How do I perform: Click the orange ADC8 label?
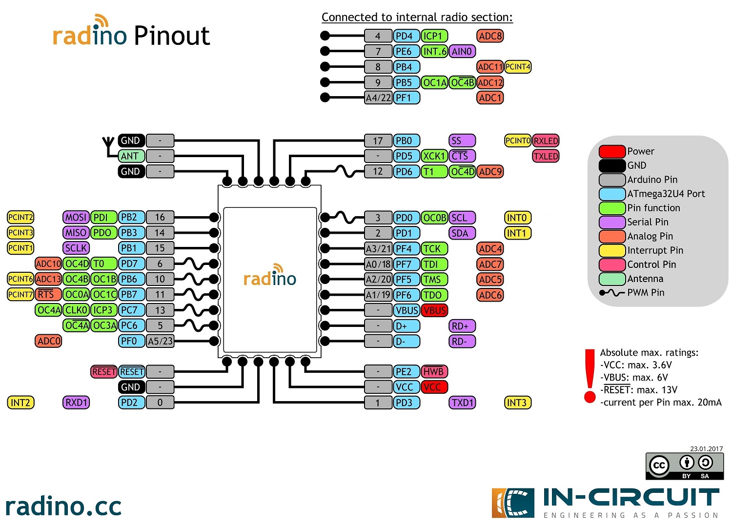[x=490, y=36]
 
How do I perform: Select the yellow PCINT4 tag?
[x=517, y=67]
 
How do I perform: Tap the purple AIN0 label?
[x=462, y=51]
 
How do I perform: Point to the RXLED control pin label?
[x=546, y=141]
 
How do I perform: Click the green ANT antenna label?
[x=131, y=156]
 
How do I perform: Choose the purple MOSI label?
[x=76, y=217]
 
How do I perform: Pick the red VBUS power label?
[x=434, y=310]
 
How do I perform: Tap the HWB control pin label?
[x=433, y=372]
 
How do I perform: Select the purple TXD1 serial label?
[x=462, y=403]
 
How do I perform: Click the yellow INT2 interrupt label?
[x=20, y=403]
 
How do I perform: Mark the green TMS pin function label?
[x=433, y=280]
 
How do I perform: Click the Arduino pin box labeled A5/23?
[x=160, y=341]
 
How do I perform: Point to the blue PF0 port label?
[x=131, y=341]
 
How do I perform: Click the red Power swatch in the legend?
[x=612, y=151]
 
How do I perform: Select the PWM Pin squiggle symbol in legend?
[x=611, y=293]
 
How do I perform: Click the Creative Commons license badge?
[x=684, y=466]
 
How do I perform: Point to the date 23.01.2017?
[x=706, y=449]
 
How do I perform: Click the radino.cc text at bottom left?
[x=63, y=507]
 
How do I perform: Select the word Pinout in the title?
[x=171, y=36]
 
